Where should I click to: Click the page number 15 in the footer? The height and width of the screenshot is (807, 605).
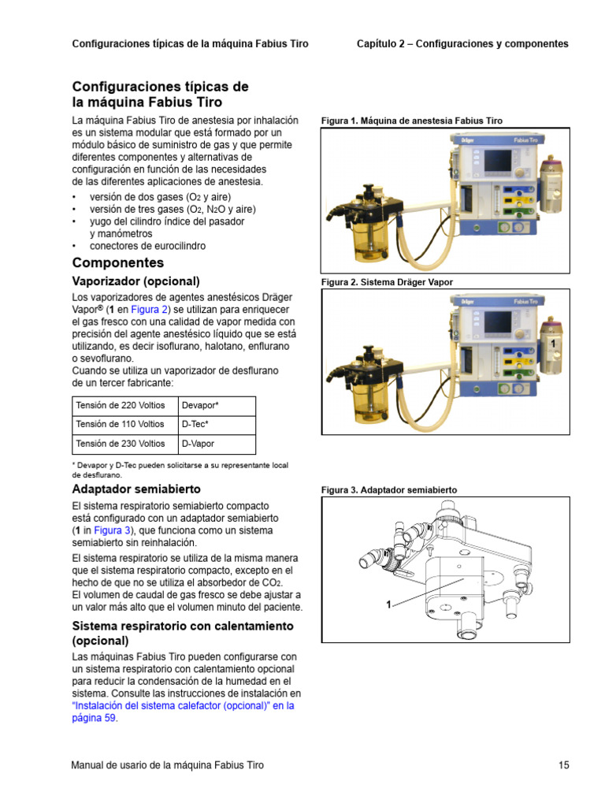pyautogui.click(x=563, y=764)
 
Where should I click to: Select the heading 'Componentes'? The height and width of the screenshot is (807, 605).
pyautogui.click(x=118, y=262)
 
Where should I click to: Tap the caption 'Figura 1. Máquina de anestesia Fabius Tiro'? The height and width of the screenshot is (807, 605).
pyautogui.click(x=411, y=121)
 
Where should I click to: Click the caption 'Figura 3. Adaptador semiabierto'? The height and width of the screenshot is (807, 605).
pyautogui.click(x=388, y=490)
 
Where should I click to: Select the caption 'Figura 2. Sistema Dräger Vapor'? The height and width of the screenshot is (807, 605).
pyautogui.click(x=387, y=282)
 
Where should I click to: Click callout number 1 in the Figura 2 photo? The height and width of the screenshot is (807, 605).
pyautogui.click(x=554, y=345)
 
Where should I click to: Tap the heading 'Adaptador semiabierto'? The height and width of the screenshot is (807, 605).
pyautogui.click(x=136, y=489)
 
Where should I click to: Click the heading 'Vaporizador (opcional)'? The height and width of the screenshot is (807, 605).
pyautogui.click(x=135, y=281)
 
